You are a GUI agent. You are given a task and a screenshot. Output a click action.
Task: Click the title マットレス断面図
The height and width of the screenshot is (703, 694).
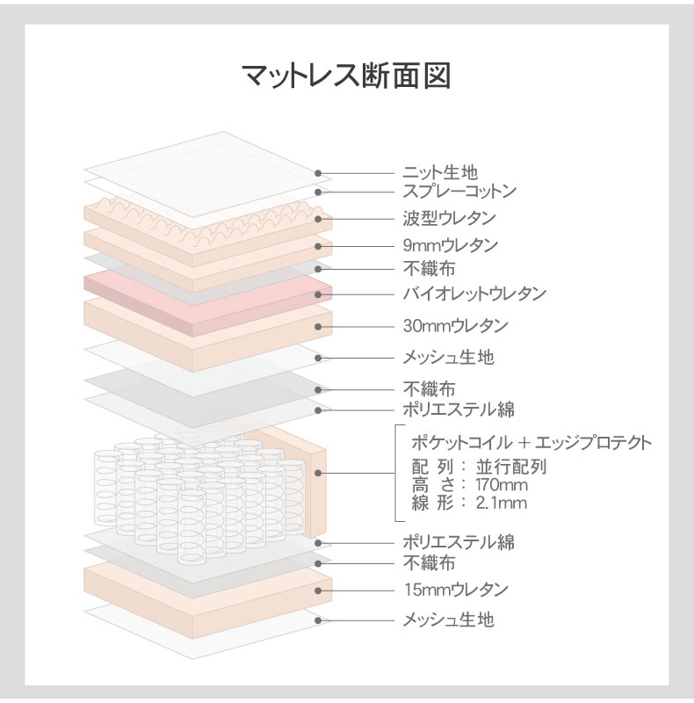346,75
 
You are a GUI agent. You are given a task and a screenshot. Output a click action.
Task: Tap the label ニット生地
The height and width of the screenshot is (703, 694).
440,172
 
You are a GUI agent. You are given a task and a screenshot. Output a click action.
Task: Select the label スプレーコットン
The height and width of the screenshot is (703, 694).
459,192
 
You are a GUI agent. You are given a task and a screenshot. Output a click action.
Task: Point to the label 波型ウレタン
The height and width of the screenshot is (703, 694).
449,218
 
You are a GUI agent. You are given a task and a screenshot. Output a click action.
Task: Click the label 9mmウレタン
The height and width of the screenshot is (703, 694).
451,246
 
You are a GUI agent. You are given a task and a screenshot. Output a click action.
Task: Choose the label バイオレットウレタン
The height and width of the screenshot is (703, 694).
474,294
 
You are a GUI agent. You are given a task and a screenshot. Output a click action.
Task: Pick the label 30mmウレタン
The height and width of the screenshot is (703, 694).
456,326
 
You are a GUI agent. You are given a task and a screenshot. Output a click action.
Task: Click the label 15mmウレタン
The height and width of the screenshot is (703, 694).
456,590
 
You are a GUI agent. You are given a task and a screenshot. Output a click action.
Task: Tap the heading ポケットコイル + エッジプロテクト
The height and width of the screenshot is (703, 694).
531,443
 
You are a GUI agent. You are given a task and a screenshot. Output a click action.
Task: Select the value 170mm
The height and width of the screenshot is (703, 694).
502,485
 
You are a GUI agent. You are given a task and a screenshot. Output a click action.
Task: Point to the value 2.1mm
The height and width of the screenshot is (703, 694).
502,503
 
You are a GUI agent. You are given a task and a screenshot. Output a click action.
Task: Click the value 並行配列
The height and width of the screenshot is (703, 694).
511,467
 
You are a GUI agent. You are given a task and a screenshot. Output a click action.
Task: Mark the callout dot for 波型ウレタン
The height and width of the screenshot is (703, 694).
318,219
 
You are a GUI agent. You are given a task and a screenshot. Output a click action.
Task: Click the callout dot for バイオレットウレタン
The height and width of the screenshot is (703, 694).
318,294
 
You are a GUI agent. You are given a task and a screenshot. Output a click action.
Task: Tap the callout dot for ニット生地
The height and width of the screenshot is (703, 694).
318,172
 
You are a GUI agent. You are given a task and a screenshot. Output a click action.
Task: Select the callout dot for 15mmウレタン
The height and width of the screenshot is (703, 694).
318,591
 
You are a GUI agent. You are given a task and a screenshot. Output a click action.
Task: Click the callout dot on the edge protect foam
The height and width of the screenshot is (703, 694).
318,473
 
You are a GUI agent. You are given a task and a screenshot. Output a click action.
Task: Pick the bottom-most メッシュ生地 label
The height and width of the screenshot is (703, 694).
448,620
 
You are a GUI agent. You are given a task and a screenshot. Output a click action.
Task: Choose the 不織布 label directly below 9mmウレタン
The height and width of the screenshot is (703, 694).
429,269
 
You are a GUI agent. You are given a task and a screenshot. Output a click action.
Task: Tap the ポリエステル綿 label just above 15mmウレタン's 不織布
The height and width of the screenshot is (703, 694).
459,542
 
